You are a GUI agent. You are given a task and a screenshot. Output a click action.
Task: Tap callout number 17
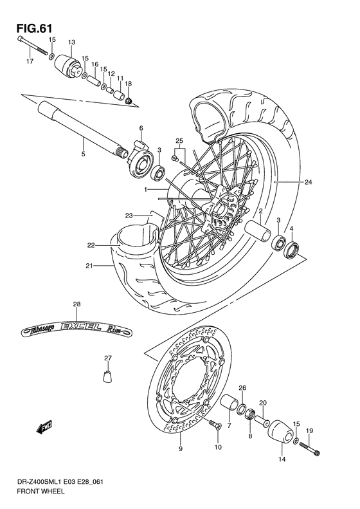pyautogui.click(x=29, y=62)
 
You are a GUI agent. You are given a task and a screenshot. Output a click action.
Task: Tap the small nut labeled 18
pyautogui.click(x=129, y=101)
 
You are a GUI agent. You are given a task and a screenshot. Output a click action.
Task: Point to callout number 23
pyautogui.click(x=129, y=215)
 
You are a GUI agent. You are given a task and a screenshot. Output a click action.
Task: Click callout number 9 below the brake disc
pyautogui.click(x=180, y=449)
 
